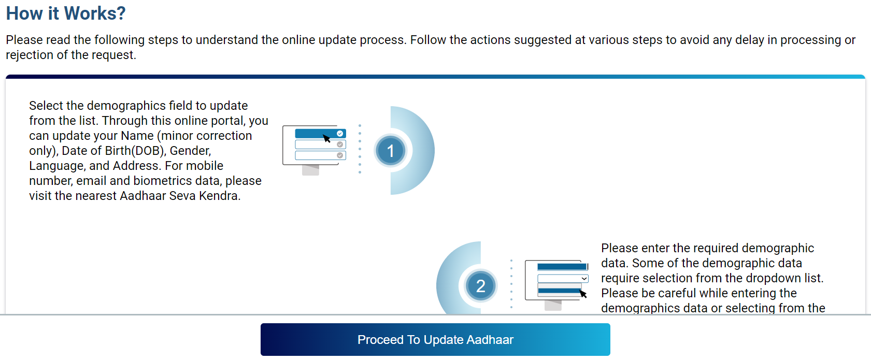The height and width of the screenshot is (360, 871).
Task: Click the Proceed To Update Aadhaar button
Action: point(435,340)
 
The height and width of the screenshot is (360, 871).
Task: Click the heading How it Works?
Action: point(66,13)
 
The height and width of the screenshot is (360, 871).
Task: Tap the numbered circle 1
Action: point(391,151)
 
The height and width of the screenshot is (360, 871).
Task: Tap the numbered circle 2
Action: point(480,286)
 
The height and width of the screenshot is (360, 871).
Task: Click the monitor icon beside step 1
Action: point(314,148)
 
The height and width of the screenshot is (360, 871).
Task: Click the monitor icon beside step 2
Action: point(556,283)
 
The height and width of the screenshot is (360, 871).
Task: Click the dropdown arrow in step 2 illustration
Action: point(584,279)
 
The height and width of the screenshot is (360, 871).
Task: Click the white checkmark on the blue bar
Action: point(340,134)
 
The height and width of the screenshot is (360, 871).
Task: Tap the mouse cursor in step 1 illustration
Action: point(327,138)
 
